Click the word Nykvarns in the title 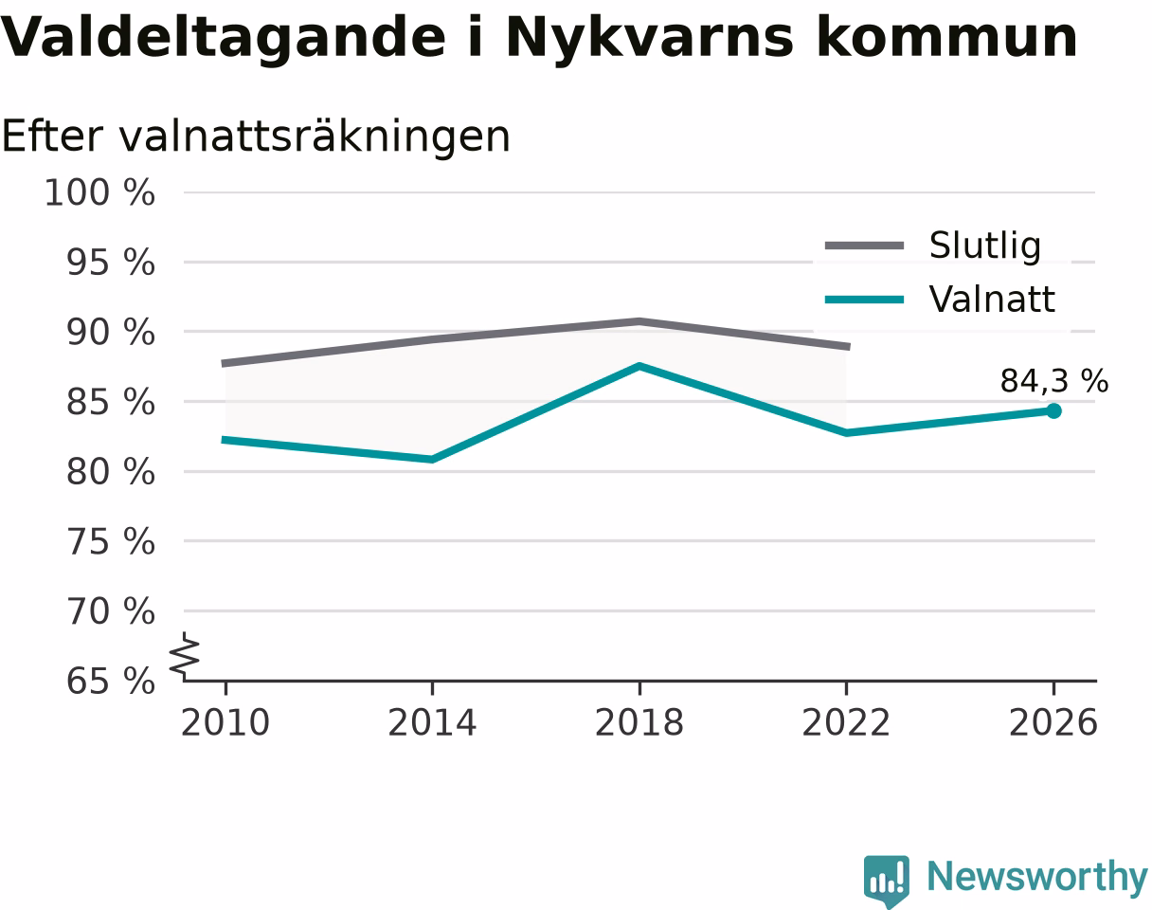click(649, 39)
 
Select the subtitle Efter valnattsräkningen click(256, 137)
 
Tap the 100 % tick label click(99, 192)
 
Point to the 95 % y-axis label click(110, 263)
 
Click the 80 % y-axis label click(110, 472)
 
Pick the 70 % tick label click(110, 611)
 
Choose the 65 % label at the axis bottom click(110, 682)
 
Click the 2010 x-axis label click(225, 723)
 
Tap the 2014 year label click(432, 723)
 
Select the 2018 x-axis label click(639, 723)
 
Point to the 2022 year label click(846, 723)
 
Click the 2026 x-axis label click(1053, 723)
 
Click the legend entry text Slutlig click(985, 246)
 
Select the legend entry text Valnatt click(992, 299)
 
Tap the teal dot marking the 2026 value click(1053, 410)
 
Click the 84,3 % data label click(1054, 381)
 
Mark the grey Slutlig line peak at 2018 click(639, 321)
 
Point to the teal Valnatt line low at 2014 click(432, 459)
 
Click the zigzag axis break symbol click(185, 653)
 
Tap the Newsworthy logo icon click(887, 878)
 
